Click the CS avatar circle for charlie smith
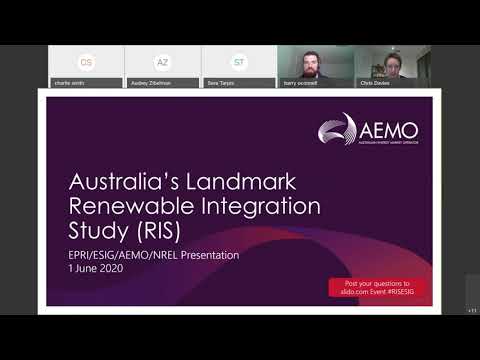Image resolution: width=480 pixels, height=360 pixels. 86,62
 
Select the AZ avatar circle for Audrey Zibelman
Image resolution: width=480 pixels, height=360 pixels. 162,62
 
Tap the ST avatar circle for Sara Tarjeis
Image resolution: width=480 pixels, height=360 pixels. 239,62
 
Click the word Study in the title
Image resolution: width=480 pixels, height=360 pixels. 94,232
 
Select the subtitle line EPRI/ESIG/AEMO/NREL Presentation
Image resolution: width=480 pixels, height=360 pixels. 153,255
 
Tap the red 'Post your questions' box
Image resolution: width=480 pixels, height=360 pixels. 378,287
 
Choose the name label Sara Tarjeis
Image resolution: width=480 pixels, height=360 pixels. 221,84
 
